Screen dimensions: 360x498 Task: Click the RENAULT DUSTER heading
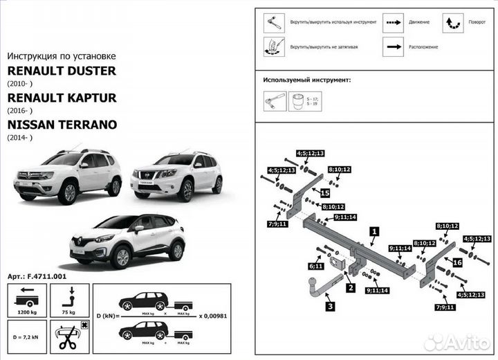pos(62,71)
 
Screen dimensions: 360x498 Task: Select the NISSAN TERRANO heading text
pos(62,125)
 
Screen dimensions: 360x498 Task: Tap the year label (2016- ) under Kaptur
pos(19,111)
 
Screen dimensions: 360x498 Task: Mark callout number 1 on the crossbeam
pos(373,232)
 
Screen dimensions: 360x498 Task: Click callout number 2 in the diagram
pos(350,287)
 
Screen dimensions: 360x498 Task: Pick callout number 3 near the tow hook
pos(331,306)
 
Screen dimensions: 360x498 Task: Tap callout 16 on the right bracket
pos(456,262)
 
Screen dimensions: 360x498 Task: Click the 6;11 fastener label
pos(316,266)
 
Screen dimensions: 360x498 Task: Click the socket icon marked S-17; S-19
pos(299,102)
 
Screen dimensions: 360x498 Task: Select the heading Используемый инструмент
pos(306,80)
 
